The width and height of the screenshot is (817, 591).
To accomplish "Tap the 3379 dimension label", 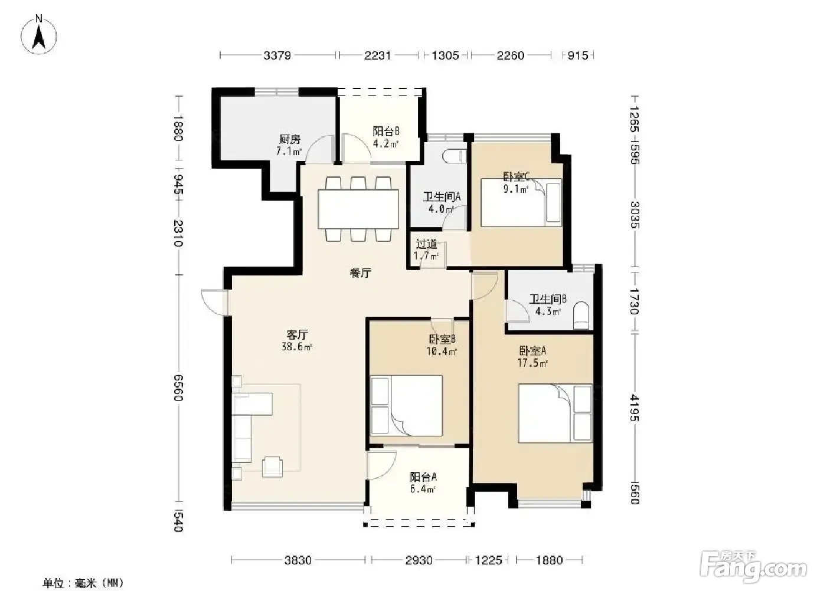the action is pyautogui.click(x=277, y=55).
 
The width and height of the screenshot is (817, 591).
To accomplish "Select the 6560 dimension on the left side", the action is pyautogui.click(x=178, y=388).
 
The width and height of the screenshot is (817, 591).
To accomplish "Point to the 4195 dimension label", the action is pyautogui.click(x=635, y=408).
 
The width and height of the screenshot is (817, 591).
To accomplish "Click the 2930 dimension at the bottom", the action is pyautogui.click(x=419, y=560).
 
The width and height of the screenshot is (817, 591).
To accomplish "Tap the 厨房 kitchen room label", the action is pyautogui.click(x=290, y=139).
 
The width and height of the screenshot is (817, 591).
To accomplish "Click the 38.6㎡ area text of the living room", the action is pyautogui.click(x=297, y=346).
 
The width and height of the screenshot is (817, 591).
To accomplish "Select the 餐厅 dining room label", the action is pyautogui.click(x=361, y=273).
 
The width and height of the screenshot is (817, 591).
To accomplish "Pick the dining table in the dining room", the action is pyautogui.click(x=358, y=209).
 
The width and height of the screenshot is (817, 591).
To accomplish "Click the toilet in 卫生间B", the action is pyautogui.click(x=581, y=315).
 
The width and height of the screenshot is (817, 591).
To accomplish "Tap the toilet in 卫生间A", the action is pyautogui.click(x=454, y=156).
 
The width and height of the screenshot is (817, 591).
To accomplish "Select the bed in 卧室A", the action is pyautogui.click(x=555, y=413).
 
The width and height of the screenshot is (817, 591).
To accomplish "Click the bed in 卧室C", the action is pyautogui.click(x=521, y=202).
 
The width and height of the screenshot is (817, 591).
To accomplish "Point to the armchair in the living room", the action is pyautogui.click(x=273, y=467).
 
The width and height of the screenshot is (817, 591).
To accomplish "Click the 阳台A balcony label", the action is pyautogui.click(x=423, y=477).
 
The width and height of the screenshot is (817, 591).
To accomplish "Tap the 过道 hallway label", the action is pyautogui.click(x=426, y=244).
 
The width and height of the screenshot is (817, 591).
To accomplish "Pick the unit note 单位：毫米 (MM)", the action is pyautogui.click(x=83, y=583).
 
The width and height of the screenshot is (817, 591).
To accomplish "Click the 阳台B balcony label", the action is pyautogui.click(x=386, y=131).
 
